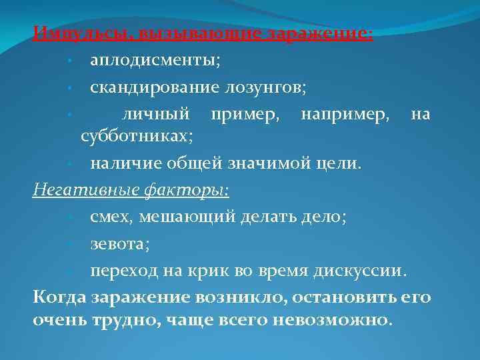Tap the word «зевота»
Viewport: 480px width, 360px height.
(x=118, y=244)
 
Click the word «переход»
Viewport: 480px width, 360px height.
(x=127, y=271)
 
